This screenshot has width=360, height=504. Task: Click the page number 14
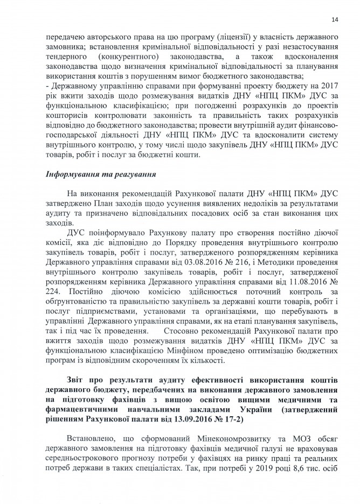[335, 20]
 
